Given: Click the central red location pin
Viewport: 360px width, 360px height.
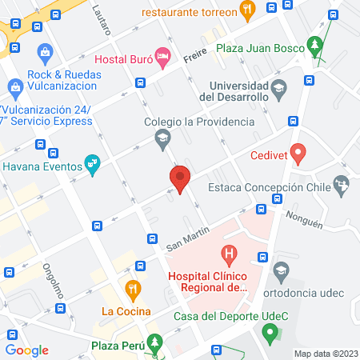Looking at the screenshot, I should pos(180,178).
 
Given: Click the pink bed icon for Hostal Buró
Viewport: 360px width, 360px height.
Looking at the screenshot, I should pos(162,55).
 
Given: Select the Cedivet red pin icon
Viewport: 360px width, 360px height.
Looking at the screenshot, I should pos(298,151).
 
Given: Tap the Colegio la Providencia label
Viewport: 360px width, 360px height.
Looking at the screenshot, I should pos(199,122).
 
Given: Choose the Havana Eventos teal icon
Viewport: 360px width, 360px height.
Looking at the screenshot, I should pos(94,164).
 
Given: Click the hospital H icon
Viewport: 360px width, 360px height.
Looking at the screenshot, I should pos(230,257).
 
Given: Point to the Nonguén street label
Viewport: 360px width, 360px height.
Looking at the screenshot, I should pos(304,218).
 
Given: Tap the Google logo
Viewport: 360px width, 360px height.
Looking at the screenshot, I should pos(27,350).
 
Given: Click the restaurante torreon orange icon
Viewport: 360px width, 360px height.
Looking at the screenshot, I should pos(247,11).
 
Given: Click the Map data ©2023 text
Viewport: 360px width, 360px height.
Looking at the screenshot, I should pos(326,353).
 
